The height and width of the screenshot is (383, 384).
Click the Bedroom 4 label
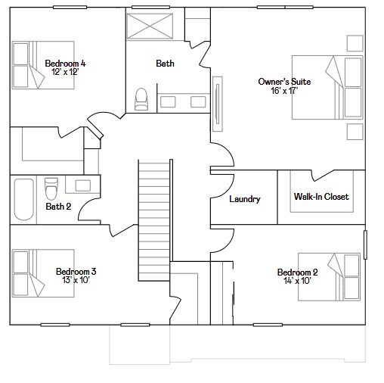click(x=65, y=64)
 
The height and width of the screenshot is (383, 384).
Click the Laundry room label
click(x=244, y=199)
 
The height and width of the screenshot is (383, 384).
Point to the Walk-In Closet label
click(x=321, y=197)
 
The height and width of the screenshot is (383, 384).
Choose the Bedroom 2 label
click(x=297, y=272)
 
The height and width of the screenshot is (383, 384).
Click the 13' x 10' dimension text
click(x=76, y=280)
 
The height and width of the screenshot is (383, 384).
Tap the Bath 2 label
click(x=57, y=206)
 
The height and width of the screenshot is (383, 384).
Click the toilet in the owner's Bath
click(x=141, y=99)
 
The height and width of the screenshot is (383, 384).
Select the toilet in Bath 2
click(x=51, y=186)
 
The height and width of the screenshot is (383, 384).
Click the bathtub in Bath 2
click(x=23, y=198)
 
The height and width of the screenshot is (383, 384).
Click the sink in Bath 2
click(x=82, y=185)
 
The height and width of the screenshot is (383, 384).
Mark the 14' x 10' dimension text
click(x=297, y=281)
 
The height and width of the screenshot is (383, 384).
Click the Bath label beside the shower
click(x=166, y=64)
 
